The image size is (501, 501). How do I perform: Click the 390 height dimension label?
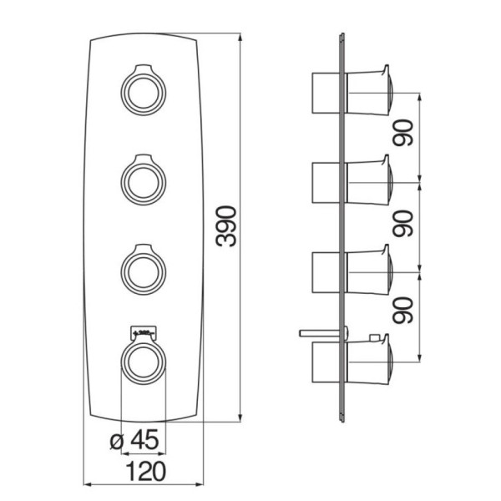226,226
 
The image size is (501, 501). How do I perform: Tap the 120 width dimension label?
147,471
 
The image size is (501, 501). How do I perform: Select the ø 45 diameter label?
134,439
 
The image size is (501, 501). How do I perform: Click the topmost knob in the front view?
144,90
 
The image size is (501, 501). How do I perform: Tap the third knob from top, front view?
144,270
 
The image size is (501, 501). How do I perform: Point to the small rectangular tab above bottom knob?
144,333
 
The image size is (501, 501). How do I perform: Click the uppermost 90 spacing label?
403,133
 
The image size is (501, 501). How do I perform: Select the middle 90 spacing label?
403,223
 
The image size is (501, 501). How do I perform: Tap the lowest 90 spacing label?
403,311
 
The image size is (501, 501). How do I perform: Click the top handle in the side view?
369,90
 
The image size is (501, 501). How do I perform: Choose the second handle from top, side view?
369,180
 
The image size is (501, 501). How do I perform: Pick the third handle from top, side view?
369,270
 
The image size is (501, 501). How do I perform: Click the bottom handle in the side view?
369,359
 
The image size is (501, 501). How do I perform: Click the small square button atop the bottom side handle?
373,337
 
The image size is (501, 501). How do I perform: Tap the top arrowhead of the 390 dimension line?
240,37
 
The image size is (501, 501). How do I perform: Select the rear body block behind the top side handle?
326,93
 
